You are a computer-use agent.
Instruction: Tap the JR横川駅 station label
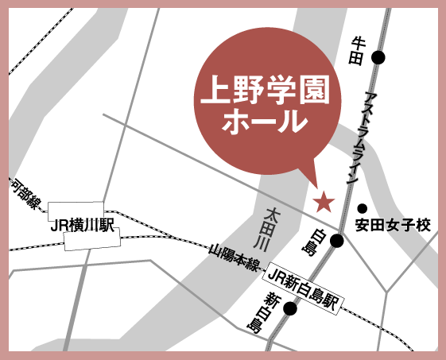83,226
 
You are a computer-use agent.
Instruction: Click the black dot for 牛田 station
378,57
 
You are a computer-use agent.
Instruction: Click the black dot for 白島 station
337,240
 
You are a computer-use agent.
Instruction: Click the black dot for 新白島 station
290,308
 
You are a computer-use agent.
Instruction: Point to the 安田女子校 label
393,226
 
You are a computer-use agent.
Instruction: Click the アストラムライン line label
356,139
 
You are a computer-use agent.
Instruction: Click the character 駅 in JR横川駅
107,226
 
